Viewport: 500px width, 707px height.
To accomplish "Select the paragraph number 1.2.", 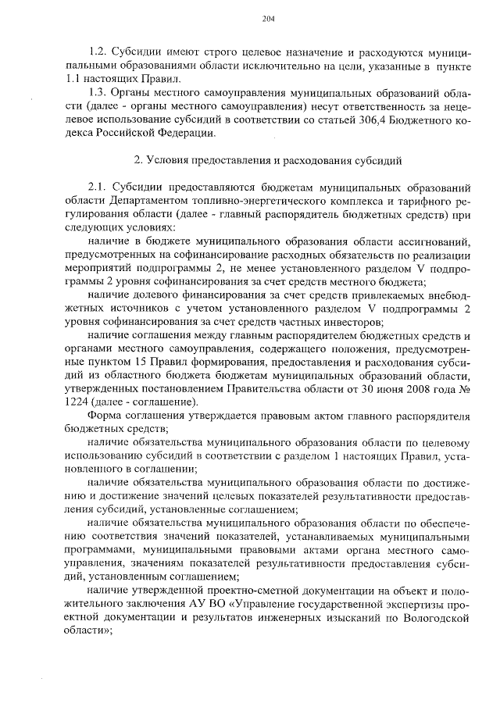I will pos(99,51).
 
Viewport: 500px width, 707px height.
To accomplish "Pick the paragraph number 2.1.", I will pos(99,187).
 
